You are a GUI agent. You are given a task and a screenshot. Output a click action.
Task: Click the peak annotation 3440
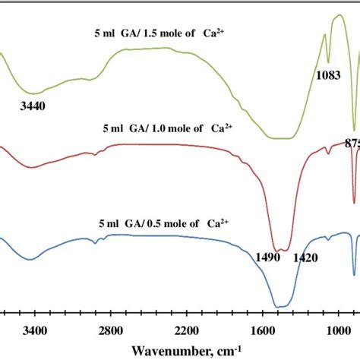click(33, 107)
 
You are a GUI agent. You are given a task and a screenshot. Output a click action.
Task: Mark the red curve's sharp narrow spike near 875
click(354, 202)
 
